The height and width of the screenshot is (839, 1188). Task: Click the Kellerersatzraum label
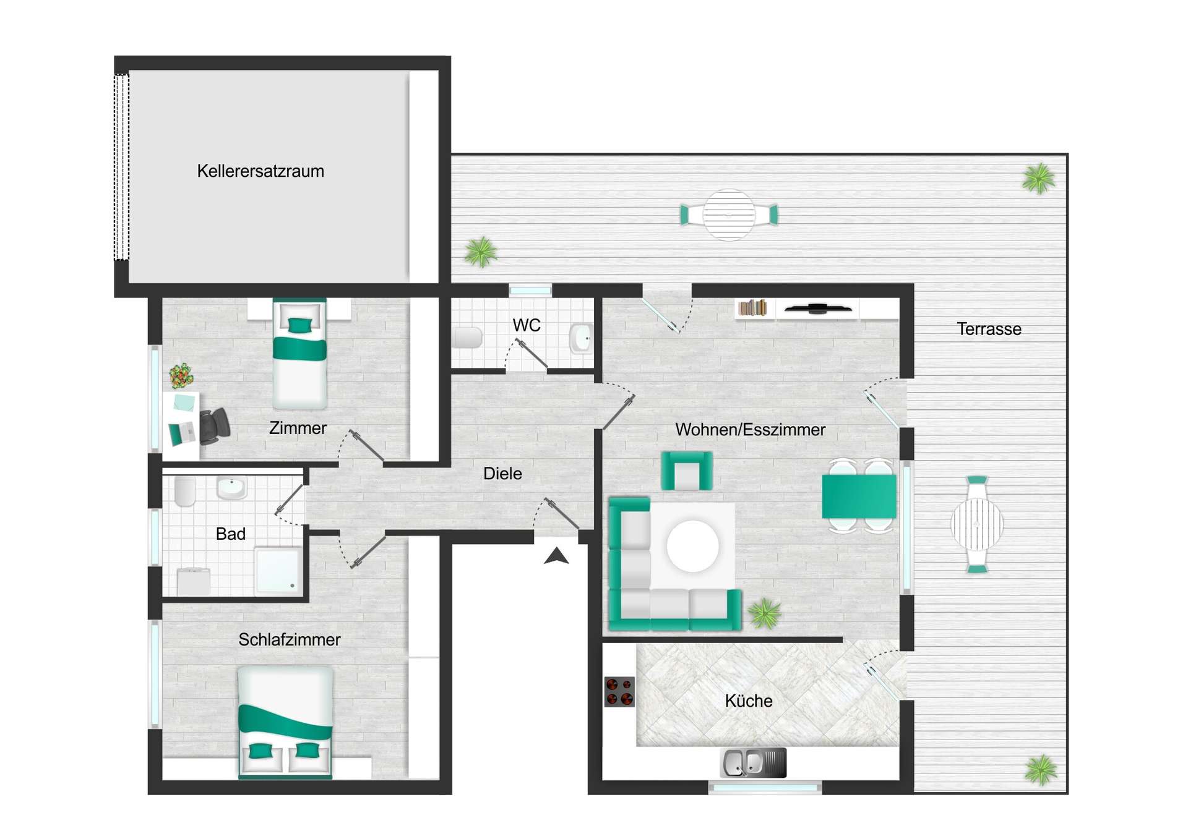pyautogui.click(x=260, y=171)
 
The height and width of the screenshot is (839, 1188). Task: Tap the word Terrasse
pyautogui.click(x=988, y=329)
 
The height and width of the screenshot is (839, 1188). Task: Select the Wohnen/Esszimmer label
pyautogui.click(x=749, y=430)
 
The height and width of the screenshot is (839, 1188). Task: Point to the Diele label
pyautogui.click(x=502, y=474)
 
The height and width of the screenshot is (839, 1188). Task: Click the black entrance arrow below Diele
pyautogui.click(x=556, y=556)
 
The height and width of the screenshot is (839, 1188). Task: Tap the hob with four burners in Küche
pyautogui.click(x=619, y=692)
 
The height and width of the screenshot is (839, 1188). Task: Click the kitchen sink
pyautogui.click(x=753, y=763)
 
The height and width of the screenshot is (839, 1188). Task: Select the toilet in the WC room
pyautogui.click(x=467, y=338)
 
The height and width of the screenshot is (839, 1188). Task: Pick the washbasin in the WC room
pyautogui.click(x=581, y=338)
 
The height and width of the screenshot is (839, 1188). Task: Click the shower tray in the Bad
pyautogui.click(x=278, y=570)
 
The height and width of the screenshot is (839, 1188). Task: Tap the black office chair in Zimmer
pyautogui.click(x=214, y=425)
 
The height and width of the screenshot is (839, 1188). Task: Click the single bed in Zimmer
pyautogui.click(x=299, y=355)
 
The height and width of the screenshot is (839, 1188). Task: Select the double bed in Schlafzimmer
pyautogui.click(x=285, y=722)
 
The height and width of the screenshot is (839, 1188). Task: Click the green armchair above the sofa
pyautogui.click(x=686, y=471)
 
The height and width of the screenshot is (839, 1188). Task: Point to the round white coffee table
pyautogui.click(x=692, y=546)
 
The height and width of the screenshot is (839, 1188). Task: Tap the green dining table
pyautogui.click(x=859, y=496)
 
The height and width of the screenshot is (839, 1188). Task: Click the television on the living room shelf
pyautogui.click(x=817, y=309)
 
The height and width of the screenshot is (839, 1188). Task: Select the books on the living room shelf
pyautogui.click(x=752, y=307)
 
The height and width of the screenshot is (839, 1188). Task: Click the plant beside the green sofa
pyautogui.click(x=764, y=613)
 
